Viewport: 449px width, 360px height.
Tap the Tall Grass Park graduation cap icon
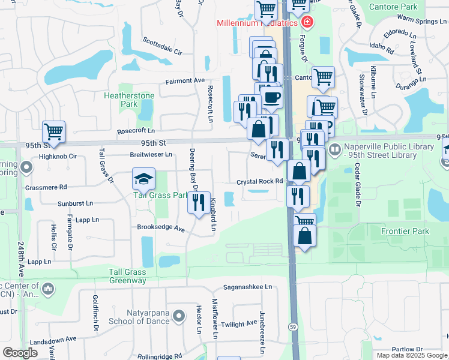coord(143,179)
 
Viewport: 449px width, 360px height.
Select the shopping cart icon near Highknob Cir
coord(53,131)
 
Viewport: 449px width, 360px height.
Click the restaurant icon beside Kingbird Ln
coord(199,202)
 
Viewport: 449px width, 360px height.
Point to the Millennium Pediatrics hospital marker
coord(307,23)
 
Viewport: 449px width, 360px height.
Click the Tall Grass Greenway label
coord(127,276)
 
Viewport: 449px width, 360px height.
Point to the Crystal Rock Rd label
coord(259,181)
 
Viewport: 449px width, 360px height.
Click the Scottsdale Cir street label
coord(161,46)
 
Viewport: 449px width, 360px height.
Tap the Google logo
coord(20,352)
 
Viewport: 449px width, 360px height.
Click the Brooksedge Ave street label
coord(161,228)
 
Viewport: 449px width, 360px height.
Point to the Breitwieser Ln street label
coord(151,154)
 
